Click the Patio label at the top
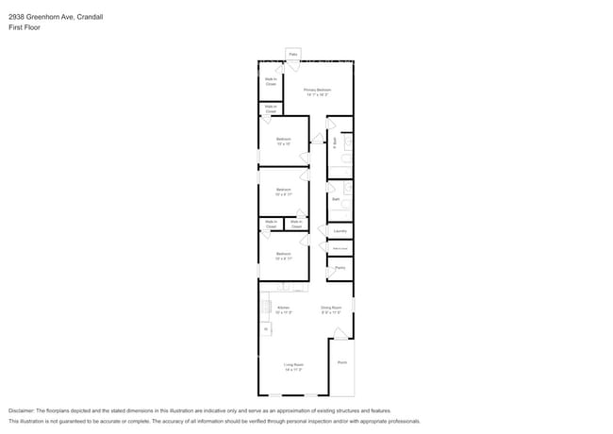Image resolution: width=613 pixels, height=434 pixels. (293, 55)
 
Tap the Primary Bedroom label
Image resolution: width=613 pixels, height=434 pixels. (317, 92)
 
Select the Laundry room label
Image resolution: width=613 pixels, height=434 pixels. (340, 231)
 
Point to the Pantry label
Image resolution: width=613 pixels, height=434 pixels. (340, 268)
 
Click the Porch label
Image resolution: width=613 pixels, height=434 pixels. (342, 361)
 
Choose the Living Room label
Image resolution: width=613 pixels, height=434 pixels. (293, 366)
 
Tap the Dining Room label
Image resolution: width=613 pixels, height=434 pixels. (330, 309)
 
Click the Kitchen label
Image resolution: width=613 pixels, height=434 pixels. (284, 309)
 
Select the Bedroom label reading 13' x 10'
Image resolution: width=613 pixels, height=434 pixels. (284, 142)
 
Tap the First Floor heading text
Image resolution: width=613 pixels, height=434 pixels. (25, 27)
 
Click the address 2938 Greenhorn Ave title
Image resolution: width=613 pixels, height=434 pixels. (52, 15)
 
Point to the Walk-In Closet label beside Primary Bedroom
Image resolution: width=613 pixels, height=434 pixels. (271, 82)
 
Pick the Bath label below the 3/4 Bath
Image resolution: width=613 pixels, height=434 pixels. (336, 199)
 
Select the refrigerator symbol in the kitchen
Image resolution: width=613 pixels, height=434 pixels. (266, 328)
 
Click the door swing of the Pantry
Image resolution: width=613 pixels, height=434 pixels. (331, 273)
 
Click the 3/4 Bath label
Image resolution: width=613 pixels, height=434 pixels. (335, 142)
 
